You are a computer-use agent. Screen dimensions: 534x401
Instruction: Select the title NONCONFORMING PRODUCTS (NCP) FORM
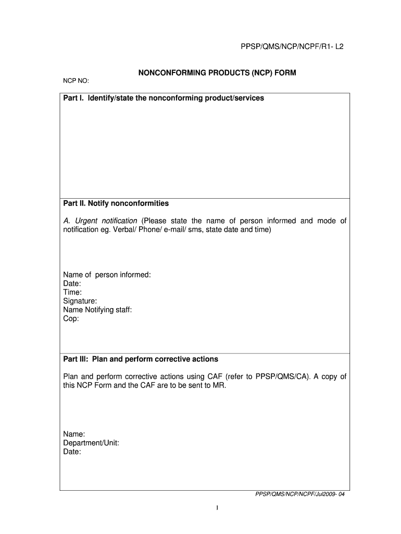[217, 73]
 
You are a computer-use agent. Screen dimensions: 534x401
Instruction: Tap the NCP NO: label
[76, 81]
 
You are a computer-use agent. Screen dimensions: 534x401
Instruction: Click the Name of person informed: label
[107, 275]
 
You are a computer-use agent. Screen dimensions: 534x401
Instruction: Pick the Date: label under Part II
[72, 284]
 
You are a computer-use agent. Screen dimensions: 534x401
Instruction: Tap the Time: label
[72, 293]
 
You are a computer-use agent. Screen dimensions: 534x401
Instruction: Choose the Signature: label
[80, 301]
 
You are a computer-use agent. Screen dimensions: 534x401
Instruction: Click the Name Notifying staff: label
[97, 310]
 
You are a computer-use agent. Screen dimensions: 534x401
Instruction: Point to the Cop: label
[71, 319]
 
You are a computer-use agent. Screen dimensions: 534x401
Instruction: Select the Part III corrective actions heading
[141, 359]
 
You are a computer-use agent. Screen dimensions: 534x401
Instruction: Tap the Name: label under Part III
[74, 434]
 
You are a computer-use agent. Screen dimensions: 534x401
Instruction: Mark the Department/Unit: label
[91, 443]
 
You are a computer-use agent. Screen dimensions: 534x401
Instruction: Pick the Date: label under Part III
[72, 452]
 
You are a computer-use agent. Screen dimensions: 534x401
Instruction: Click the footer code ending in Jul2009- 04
[299, 496]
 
